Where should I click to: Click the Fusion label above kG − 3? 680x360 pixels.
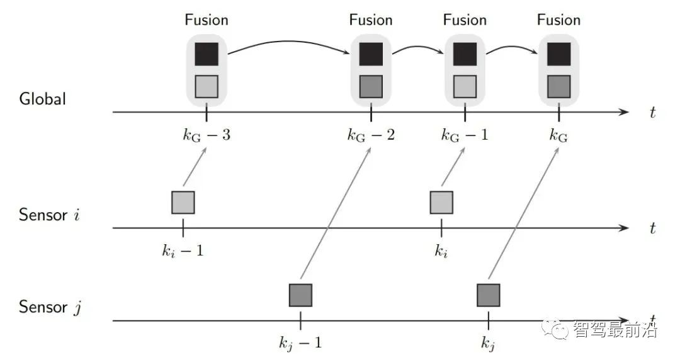click(207, 20)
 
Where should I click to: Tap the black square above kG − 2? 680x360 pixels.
click(371, 54)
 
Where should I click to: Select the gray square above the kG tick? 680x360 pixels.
click(558, 86)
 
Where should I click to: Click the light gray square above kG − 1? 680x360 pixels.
click(465, 86)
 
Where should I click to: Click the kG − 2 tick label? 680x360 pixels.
click(371, 135)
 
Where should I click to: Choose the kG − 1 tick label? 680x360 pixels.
click(465, 135)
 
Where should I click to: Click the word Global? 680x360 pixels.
click(42, 99)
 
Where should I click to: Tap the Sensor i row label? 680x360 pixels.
click(50, 215)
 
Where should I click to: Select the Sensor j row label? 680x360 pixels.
click(51, 307)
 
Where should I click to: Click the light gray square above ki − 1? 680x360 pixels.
click(183, 202)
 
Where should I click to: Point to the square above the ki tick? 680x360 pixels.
click(441, 202)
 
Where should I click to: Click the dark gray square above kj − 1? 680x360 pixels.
click(300, 295)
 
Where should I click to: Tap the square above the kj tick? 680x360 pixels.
click(488, 295)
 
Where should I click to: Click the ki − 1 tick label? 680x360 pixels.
click(183, 251)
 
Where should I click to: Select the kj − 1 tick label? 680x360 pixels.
click(300, 343)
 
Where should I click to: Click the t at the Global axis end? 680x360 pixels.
click(653, 113)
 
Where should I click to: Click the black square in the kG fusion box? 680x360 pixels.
click(558, 54)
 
